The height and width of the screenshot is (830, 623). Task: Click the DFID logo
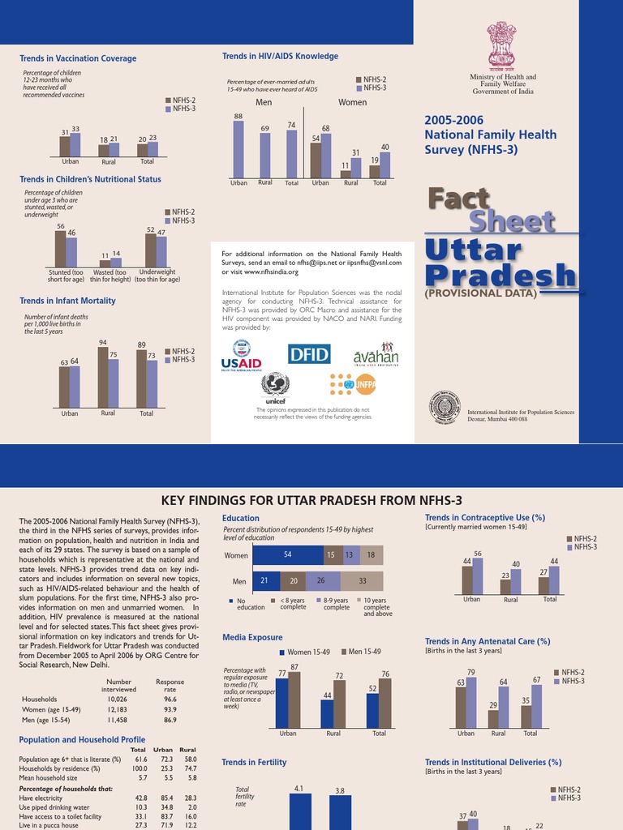coord(310,354)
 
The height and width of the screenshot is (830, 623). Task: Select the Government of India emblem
coord(502,46)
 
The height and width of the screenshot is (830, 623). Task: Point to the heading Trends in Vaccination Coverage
coord(78,58)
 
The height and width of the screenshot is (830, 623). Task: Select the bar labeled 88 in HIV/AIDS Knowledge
coord(238,149)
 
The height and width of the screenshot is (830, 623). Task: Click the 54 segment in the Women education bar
coord(287,555)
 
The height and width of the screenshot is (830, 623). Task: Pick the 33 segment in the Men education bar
coord(361,581)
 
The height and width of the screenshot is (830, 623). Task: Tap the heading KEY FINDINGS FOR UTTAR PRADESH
coord(311,499)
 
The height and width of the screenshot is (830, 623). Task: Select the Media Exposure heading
coord(252,637)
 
